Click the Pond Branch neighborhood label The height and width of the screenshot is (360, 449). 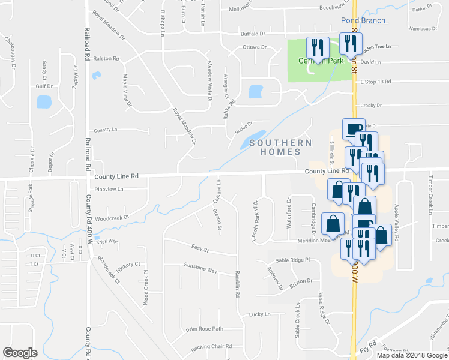pyautogui.click(x=362, y=20)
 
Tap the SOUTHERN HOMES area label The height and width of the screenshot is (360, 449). pyautogui.click(x=281, y=147)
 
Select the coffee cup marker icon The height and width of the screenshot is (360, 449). pyautogui.click(x=353, y=129)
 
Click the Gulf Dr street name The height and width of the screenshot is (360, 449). pyautogui.click(x=44, y=86)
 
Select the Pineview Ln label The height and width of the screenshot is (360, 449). pyautogui.click(x=109, y=189)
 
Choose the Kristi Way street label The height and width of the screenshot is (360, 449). pyautogui.click(x=106, y=241)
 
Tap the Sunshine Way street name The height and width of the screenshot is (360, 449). pyautogui.click(x=200, y=270)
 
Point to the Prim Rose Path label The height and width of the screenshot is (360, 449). pyautogui.click(x=204, y=328)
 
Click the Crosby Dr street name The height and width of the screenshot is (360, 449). pyautogui.click(x=371, y=106)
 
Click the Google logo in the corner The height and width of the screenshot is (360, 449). pyautogui.click(x=20, y=352)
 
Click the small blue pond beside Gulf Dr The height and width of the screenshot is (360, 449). pyautogui.click(x=44, y=101)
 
